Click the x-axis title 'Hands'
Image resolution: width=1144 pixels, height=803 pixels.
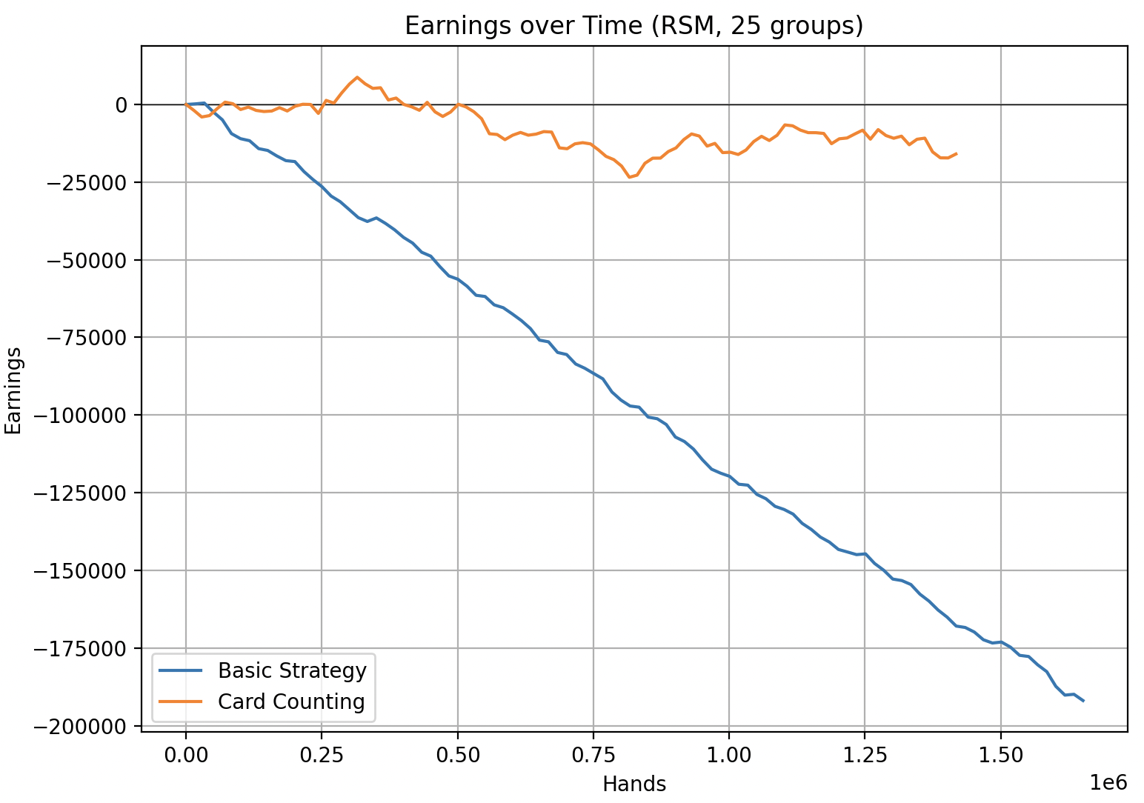633,784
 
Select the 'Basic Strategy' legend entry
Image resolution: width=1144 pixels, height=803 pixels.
292,670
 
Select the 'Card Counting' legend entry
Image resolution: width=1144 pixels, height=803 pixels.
291,702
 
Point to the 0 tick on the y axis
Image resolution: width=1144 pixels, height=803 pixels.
121,104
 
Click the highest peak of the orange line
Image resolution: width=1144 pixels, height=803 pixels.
358,77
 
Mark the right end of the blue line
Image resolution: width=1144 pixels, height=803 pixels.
1083,701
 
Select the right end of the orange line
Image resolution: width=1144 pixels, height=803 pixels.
957,153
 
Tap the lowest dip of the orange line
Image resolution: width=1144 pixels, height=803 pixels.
629,177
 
